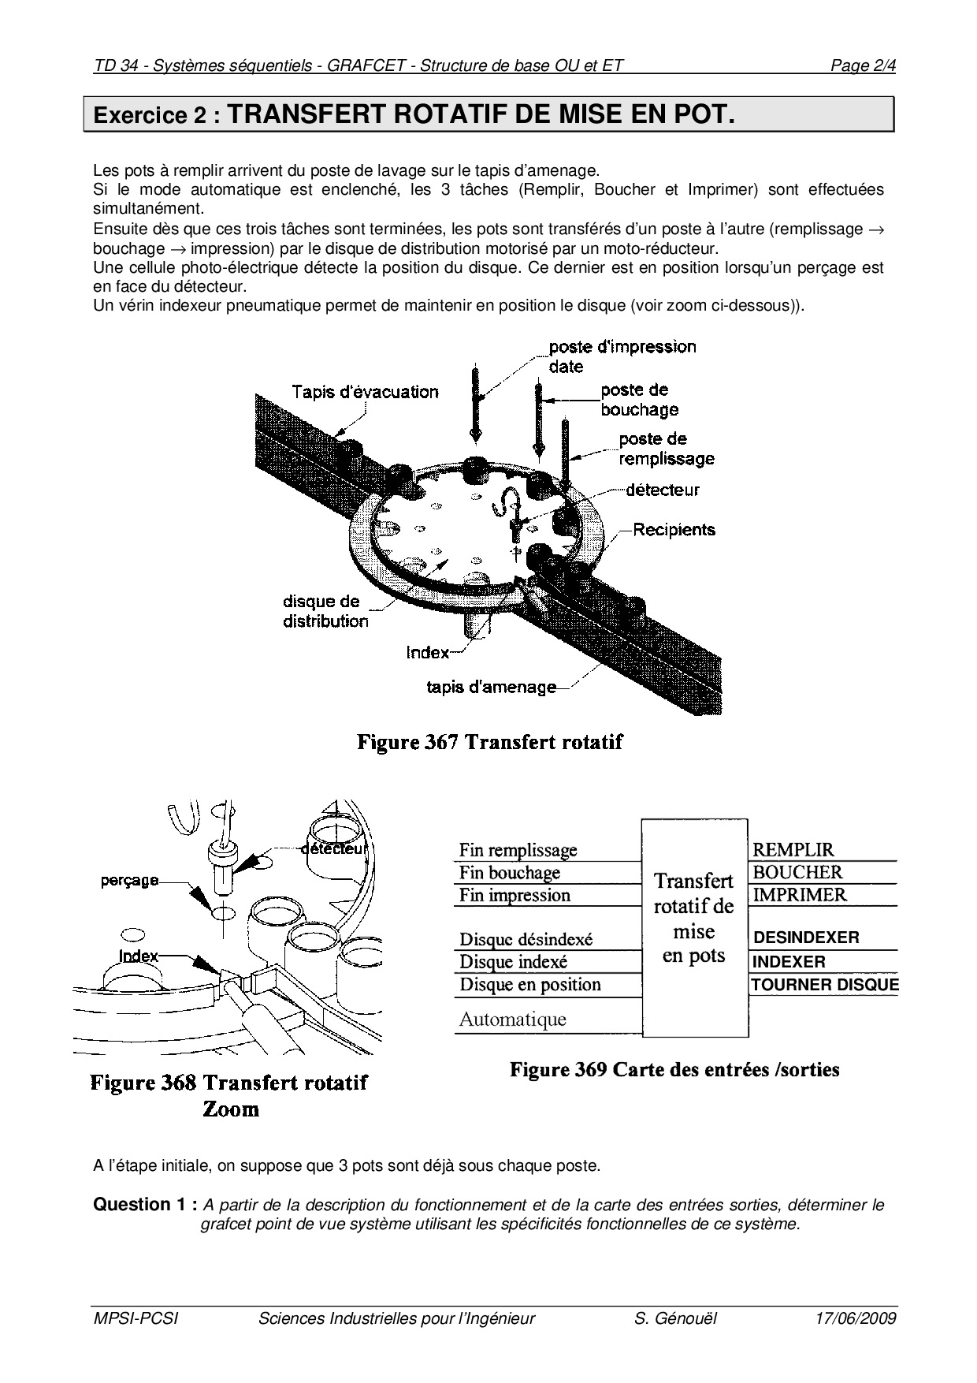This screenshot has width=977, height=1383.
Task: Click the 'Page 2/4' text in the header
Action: [863, 65]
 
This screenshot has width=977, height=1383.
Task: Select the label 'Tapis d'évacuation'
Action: [365, 392]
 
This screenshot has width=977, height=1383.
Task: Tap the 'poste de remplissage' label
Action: [666, 449]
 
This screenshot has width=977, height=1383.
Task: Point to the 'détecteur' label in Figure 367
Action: [662, 490]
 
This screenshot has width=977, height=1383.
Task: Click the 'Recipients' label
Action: [674, 529]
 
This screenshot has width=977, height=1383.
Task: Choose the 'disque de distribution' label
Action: [325, 611]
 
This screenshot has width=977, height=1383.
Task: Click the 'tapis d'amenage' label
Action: [491, 688]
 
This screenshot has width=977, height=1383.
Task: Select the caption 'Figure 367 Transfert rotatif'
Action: [489, 742]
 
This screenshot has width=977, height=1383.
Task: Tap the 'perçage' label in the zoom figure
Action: [129, 880]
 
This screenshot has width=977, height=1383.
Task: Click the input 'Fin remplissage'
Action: [518, 850]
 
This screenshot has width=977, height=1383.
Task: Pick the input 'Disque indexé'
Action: [513, 962]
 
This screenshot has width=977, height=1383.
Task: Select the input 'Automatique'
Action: [512, 1020]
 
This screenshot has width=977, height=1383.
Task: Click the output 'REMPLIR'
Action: [793, 850]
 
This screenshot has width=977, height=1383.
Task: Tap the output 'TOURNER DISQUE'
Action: [824, 985]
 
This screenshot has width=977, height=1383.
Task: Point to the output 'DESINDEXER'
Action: [806, 938]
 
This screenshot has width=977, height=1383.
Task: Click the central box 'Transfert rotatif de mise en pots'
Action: [694, 919]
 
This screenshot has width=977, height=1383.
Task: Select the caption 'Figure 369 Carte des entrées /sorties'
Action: [674, 1070]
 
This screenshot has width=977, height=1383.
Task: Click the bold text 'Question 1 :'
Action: [145, 1205]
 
